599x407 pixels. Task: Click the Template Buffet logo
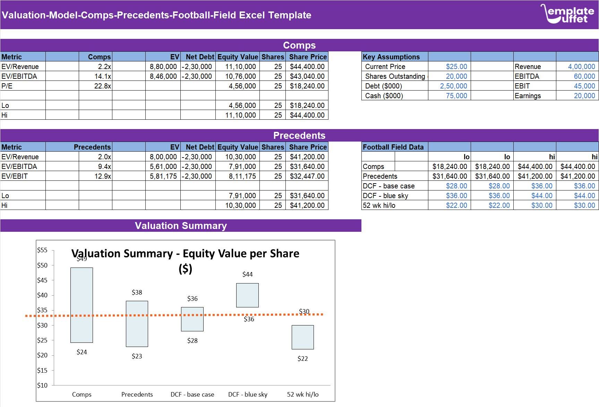click(x=567, y=14)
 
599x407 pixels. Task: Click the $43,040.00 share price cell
click(x=307, y=76)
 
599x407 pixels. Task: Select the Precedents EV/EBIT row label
click(x=15, y=176)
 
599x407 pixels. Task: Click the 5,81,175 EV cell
click(x=163, y=176)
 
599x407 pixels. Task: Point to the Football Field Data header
click(x=393, y=147)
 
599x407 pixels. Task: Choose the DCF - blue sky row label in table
click(x=385, y=196)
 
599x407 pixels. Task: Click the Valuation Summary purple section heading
click(x=181, y=226)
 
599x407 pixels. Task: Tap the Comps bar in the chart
click(x=82, y=305)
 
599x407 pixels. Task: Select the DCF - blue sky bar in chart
click(x=247, y=295)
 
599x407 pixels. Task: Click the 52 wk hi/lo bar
click(x=302, y=337)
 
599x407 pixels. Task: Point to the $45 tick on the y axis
click(x=42, y=280)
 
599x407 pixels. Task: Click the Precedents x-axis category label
click(x=137, y=395)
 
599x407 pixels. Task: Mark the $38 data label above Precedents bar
click(x=137, y=292)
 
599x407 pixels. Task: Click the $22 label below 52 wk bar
click(x=302, y=359)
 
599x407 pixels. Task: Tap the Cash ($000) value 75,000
click(x=456, y=96)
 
